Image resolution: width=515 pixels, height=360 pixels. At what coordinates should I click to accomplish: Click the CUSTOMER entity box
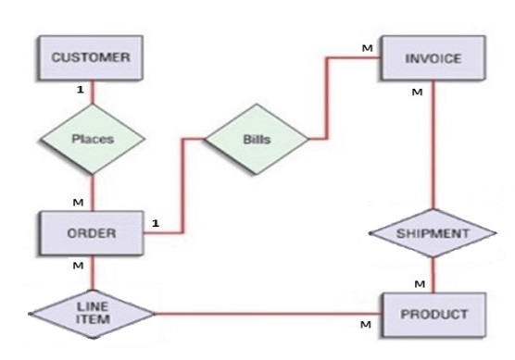pyautogui.click(x=91, y=57)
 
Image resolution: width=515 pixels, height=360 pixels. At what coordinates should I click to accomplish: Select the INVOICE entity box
pyautogui.click(x=433, y=58)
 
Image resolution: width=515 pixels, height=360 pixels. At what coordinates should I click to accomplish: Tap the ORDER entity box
pyautogui.click(x=92, y=233)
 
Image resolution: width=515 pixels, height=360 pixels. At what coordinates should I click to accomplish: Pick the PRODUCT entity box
pyautogui.click(x=433, y=315)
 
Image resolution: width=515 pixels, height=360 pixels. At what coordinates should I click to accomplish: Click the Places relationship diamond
pyautogui.click(x=93, y=139)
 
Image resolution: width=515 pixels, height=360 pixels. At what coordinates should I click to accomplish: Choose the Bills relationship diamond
pyautogui.click(x=257, y=139)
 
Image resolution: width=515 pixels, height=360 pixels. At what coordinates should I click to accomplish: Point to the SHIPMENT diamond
pyautogui.click(x=433, y=233)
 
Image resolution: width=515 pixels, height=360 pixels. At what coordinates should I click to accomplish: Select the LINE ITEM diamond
pyautogui.click(x=93, y=314)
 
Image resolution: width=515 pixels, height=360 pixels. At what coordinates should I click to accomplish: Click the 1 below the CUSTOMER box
pyautogui.click(x=81, y=89)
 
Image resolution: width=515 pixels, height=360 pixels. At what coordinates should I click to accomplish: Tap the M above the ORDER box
pyautogui.click(x=78, y=203)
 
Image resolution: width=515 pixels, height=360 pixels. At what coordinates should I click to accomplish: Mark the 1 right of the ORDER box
pyautogui.click(x=156, y=223)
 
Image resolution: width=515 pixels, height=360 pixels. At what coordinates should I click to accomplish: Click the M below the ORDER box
pyautogui.click(x=78, y=266)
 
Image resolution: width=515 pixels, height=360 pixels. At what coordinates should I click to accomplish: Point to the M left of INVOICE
pyautogui.click(x=367, y=48)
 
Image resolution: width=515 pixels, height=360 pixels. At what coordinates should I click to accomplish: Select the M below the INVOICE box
pyautogui.click(x=417, y=93)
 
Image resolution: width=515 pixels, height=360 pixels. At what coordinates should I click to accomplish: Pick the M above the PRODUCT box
pyautogui.click(x=420, y=284)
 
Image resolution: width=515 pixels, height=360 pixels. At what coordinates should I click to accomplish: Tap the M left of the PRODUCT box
pyautogui.click(x=366, y=325)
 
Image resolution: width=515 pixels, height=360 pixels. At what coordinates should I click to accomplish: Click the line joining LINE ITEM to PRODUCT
pyautogui.click(x=269, y=314)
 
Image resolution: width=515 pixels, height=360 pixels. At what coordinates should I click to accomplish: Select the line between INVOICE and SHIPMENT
pyautogui.click(x=433, y=144)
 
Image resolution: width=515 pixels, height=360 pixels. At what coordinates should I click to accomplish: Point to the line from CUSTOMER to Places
pyautogui.click(x=93, y=93)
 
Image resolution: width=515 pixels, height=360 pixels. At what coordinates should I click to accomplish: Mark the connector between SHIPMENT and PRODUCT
pyautogui.click(x=433, y=275)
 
